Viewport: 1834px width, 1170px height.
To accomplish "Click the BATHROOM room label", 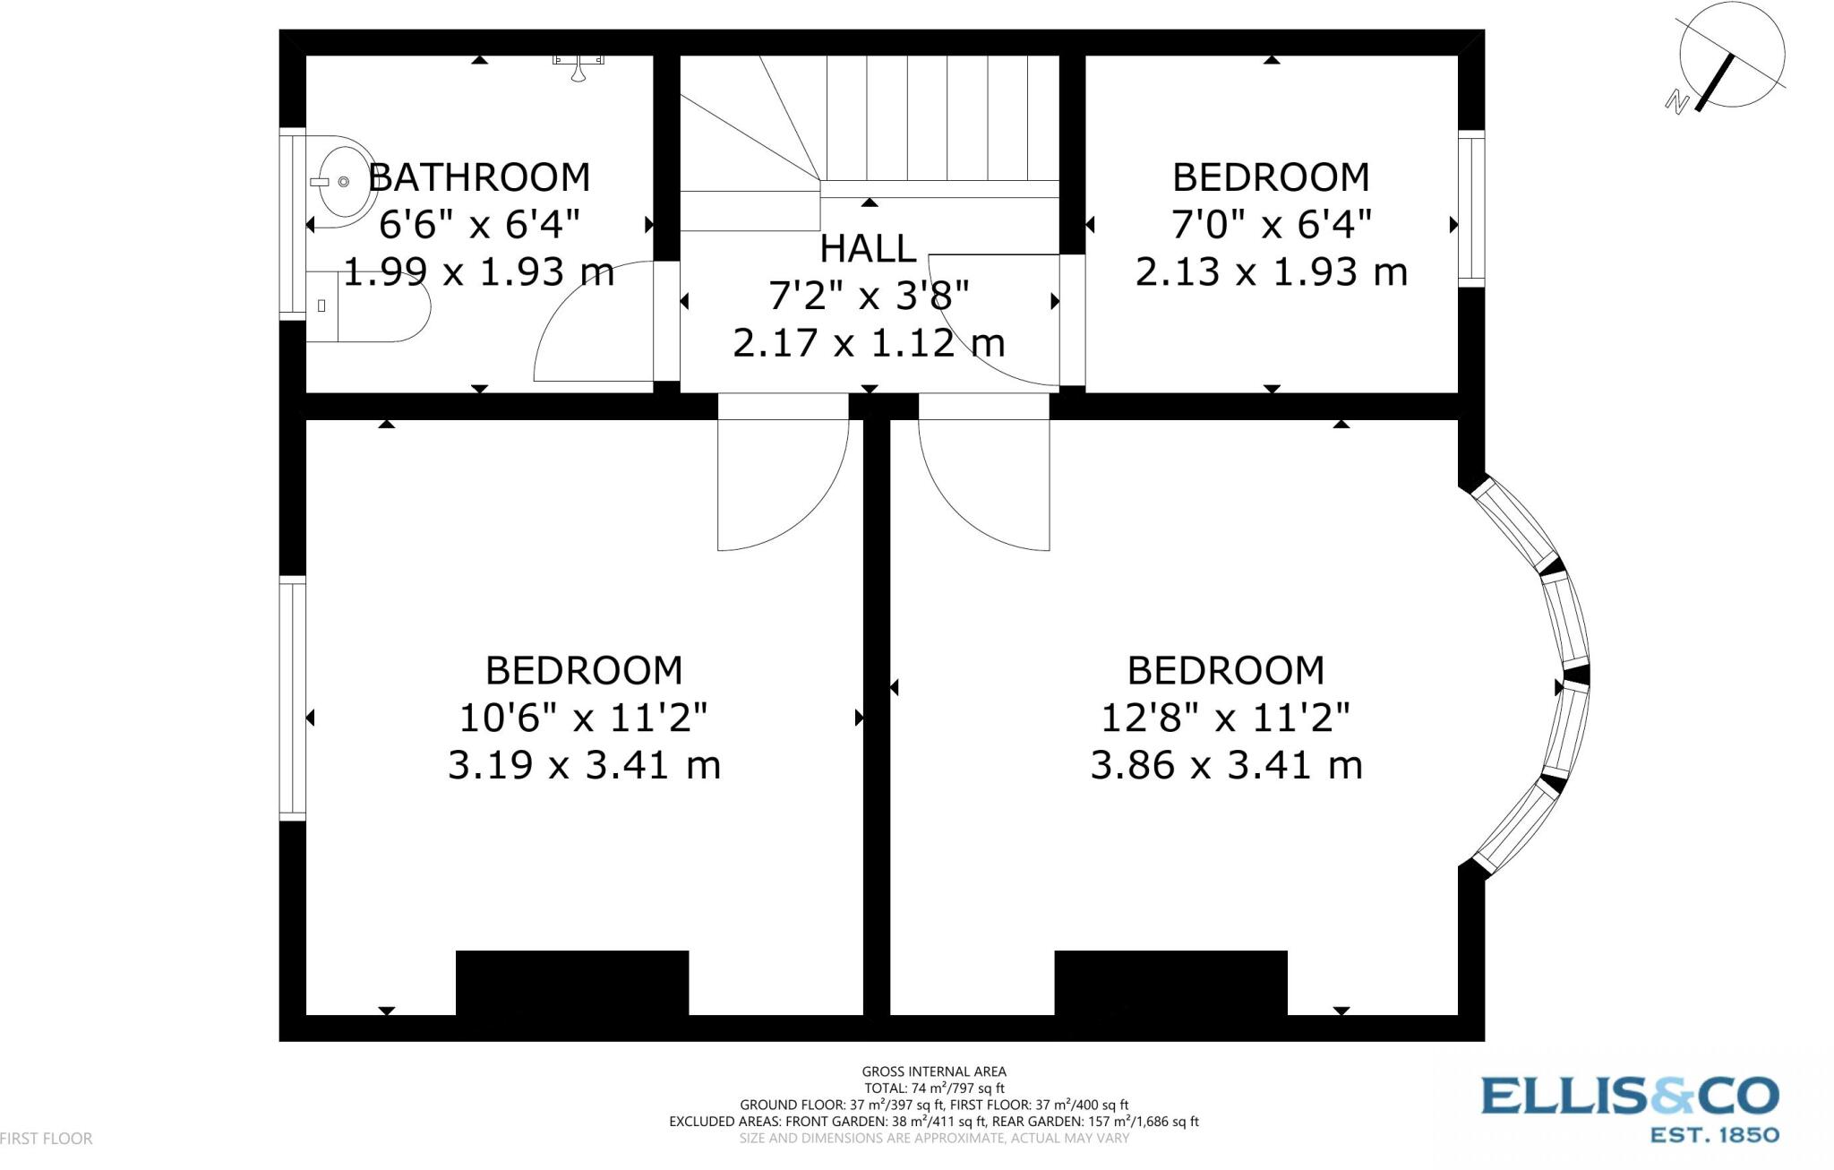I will coord(479,177).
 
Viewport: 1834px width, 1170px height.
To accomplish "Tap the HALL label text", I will coord(867,249).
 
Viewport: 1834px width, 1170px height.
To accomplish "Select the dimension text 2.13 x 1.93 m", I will coord(1271,271).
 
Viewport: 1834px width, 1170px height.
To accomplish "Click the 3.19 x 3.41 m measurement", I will coord(584,765).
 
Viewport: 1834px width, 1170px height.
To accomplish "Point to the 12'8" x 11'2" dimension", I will coord(1224,718).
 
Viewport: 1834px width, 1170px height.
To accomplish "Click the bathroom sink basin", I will coord(346,182).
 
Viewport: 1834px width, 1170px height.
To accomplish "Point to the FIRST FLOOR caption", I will coord(47,1139).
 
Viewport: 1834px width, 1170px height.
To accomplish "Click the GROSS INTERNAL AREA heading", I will coord(933,1071).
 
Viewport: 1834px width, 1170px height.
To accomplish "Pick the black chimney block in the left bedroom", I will coord(572,983).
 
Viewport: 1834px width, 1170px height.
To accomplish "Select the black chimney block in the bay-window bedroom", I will coord(1170,983).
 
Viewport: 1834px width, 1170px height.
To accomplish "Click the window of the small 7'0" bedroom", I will coord(1470,209).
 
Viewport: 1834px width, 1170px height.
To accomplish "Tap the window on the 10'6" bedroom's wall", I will coord(293,699).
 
